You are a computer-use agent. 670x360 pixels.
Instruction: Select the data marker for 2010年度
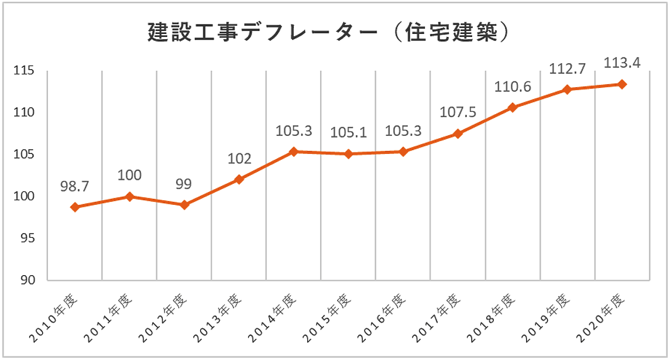(75, 207)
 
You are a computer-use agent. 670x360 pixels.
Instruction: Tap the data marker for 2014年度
(294, 152)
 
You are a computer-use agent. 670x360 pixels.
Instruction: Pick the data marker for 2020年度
(622, 84)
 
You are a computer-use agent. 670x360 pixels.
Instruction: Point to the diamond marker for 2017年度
(458, 134)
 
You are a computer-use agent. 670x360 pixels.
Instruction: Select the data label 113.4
(622, 62)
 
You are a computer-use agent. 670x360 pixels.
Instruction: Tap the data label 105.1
(349, 133)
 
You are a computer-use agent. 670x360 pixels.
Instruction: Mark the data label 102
(239, 159)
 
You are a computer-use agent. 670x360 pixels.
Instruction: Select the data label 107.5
(458, 112)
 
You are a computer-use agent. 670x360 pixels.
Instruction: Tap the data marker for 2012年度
(184, 205)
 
